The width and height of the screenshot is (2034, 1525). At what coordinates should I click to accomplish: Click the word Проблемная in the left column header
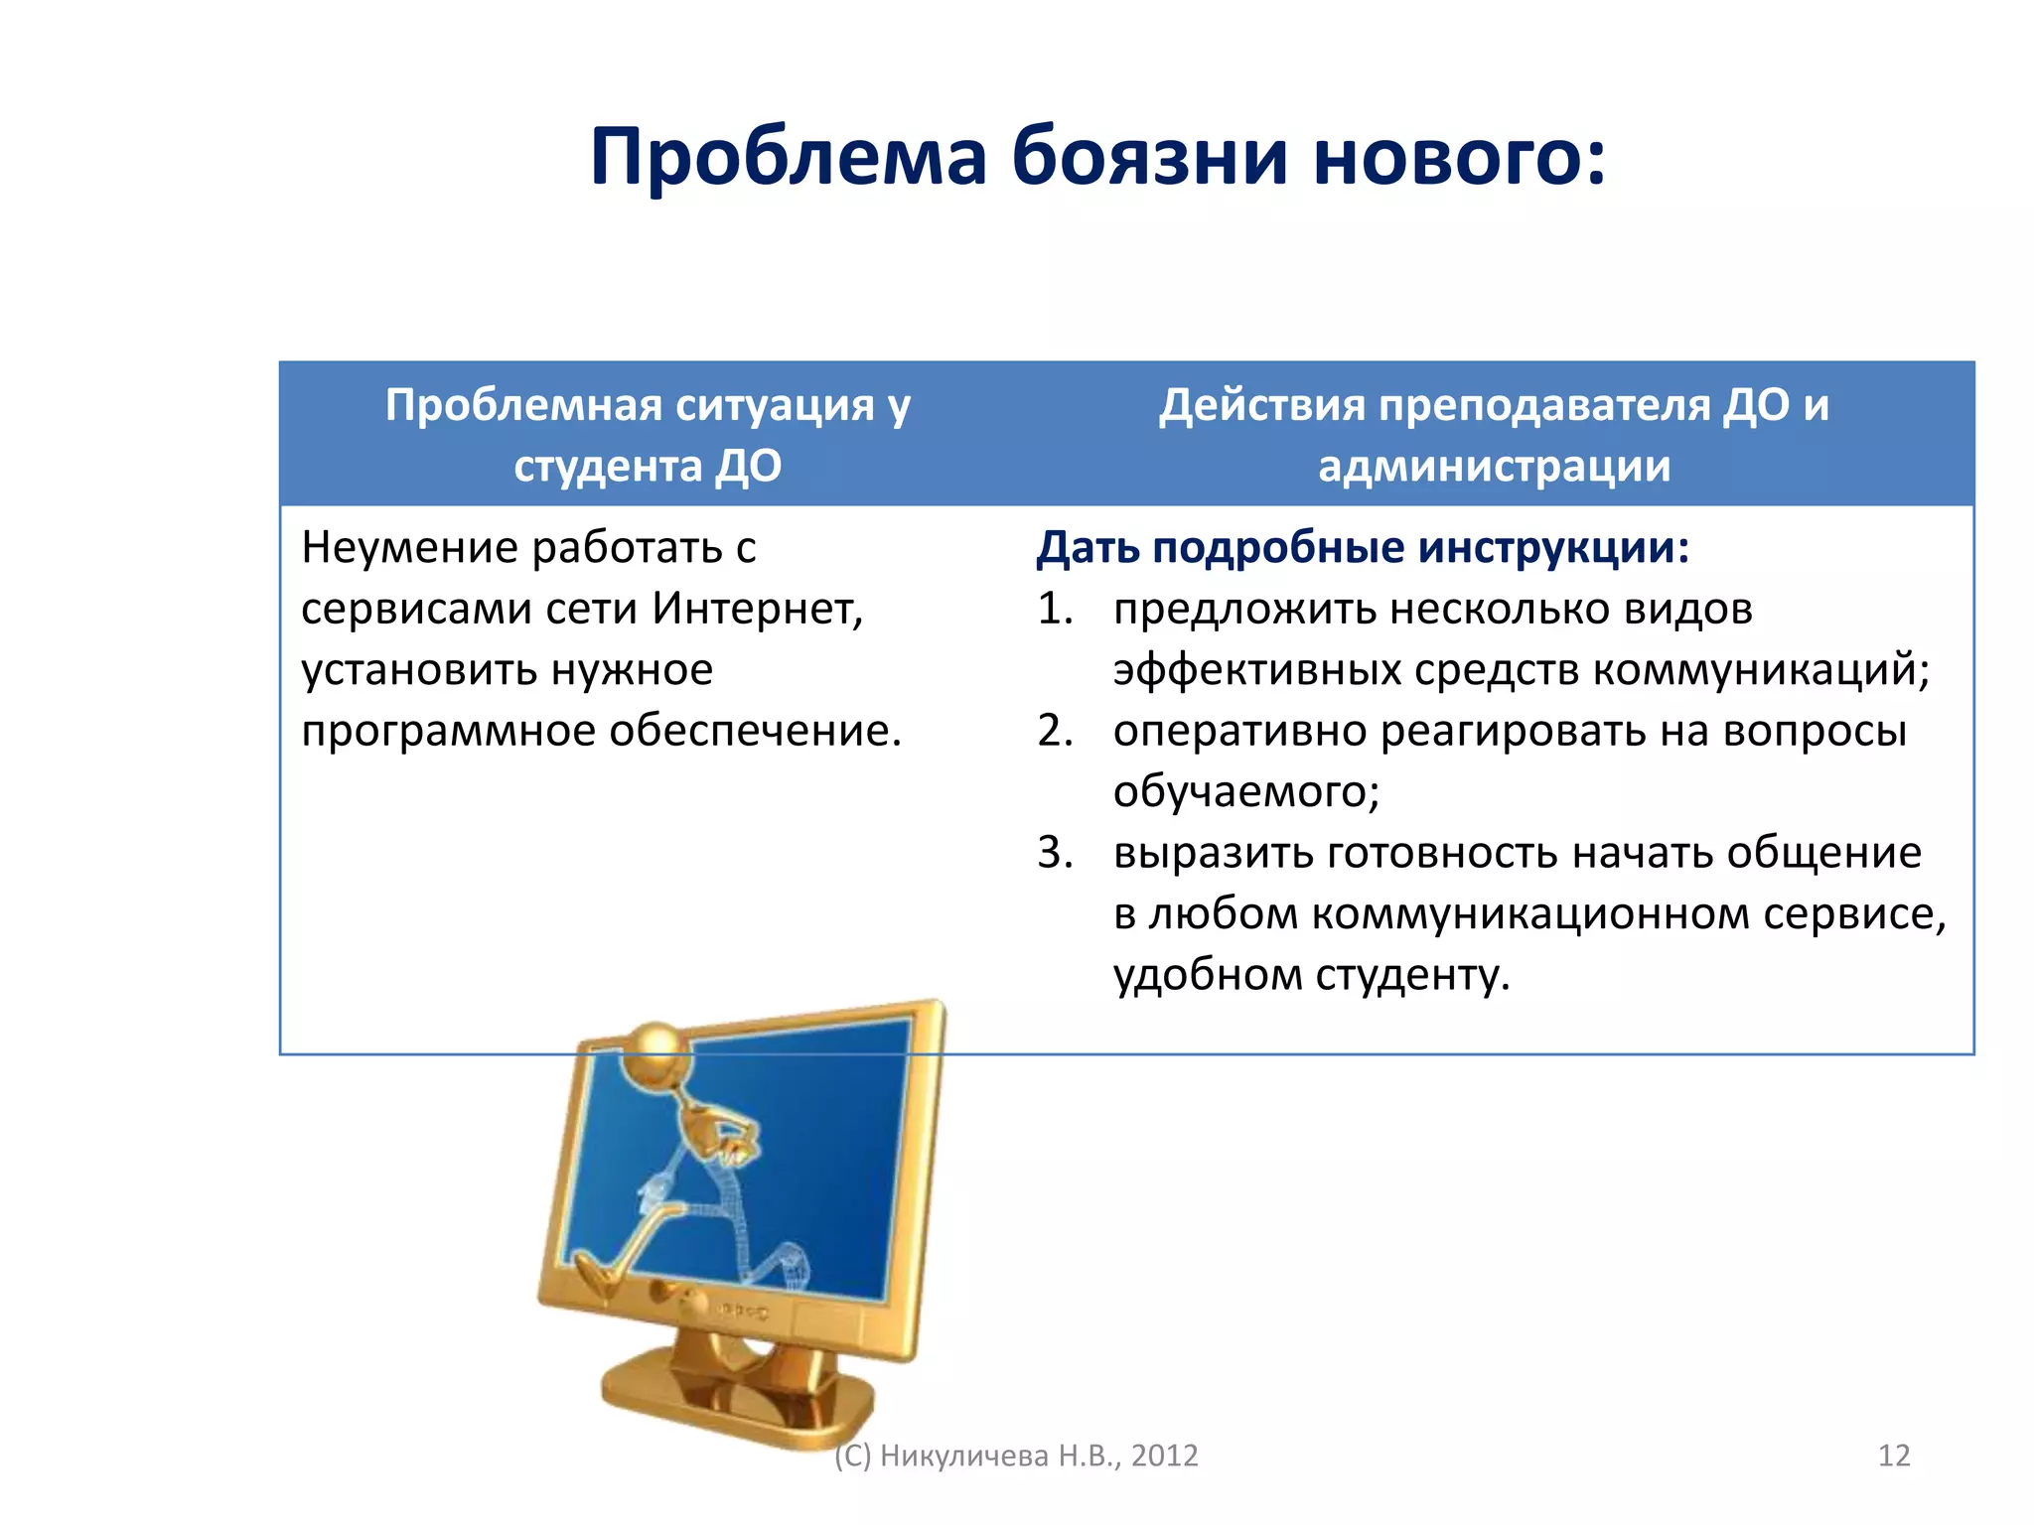tap(523, 405)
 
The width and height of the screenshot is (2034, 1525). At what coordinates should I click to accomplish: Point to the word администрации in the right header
tap(1494, 466)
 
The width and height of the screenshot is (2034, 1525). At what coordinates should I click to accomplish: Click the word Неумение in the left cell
tap(409, 547)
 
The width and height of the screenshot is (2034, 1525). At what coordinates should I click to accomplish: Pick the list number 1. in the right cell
tap(1055, 609)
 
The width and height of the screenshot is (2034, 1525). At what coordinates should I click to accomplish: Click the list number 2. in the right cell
tap(1055, 731)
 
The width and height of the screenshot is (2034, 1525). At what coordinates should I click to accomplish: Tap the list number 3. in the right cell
tap(1055, 853)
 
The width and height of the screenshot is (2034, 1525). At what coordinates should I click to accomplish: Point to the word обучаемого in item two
tap(1243, 792)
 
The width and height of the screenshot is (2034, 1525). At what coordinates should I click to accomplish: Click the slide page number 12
tap(1894, 1456)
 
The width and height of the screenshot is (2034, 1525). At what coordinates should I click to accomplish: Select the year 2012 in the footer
tap(1164, 1456)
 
